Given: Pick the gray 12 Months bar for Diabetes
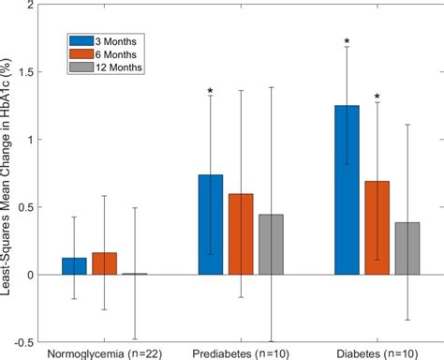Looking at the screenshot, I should (x=407, y=248).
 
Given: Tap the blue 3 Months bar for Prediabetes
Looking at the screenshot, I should (x=210, y=225).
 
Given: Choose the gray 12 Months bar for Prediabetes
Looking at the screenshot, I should (x=271, y=245).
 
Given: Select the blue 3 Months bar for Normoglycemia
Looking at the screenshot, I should (x=74, y=266).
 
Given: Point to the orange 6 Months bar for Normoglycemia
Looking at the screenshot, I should (x=104, y=263).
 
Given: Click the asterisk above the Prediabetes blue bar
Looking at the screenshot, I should (x=210, y=91).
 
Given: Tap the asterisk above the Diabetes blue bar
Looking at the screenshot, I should (x=347, y=41).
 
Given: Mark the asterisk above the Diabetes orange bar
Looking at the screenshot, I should (x=377, y=97).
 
